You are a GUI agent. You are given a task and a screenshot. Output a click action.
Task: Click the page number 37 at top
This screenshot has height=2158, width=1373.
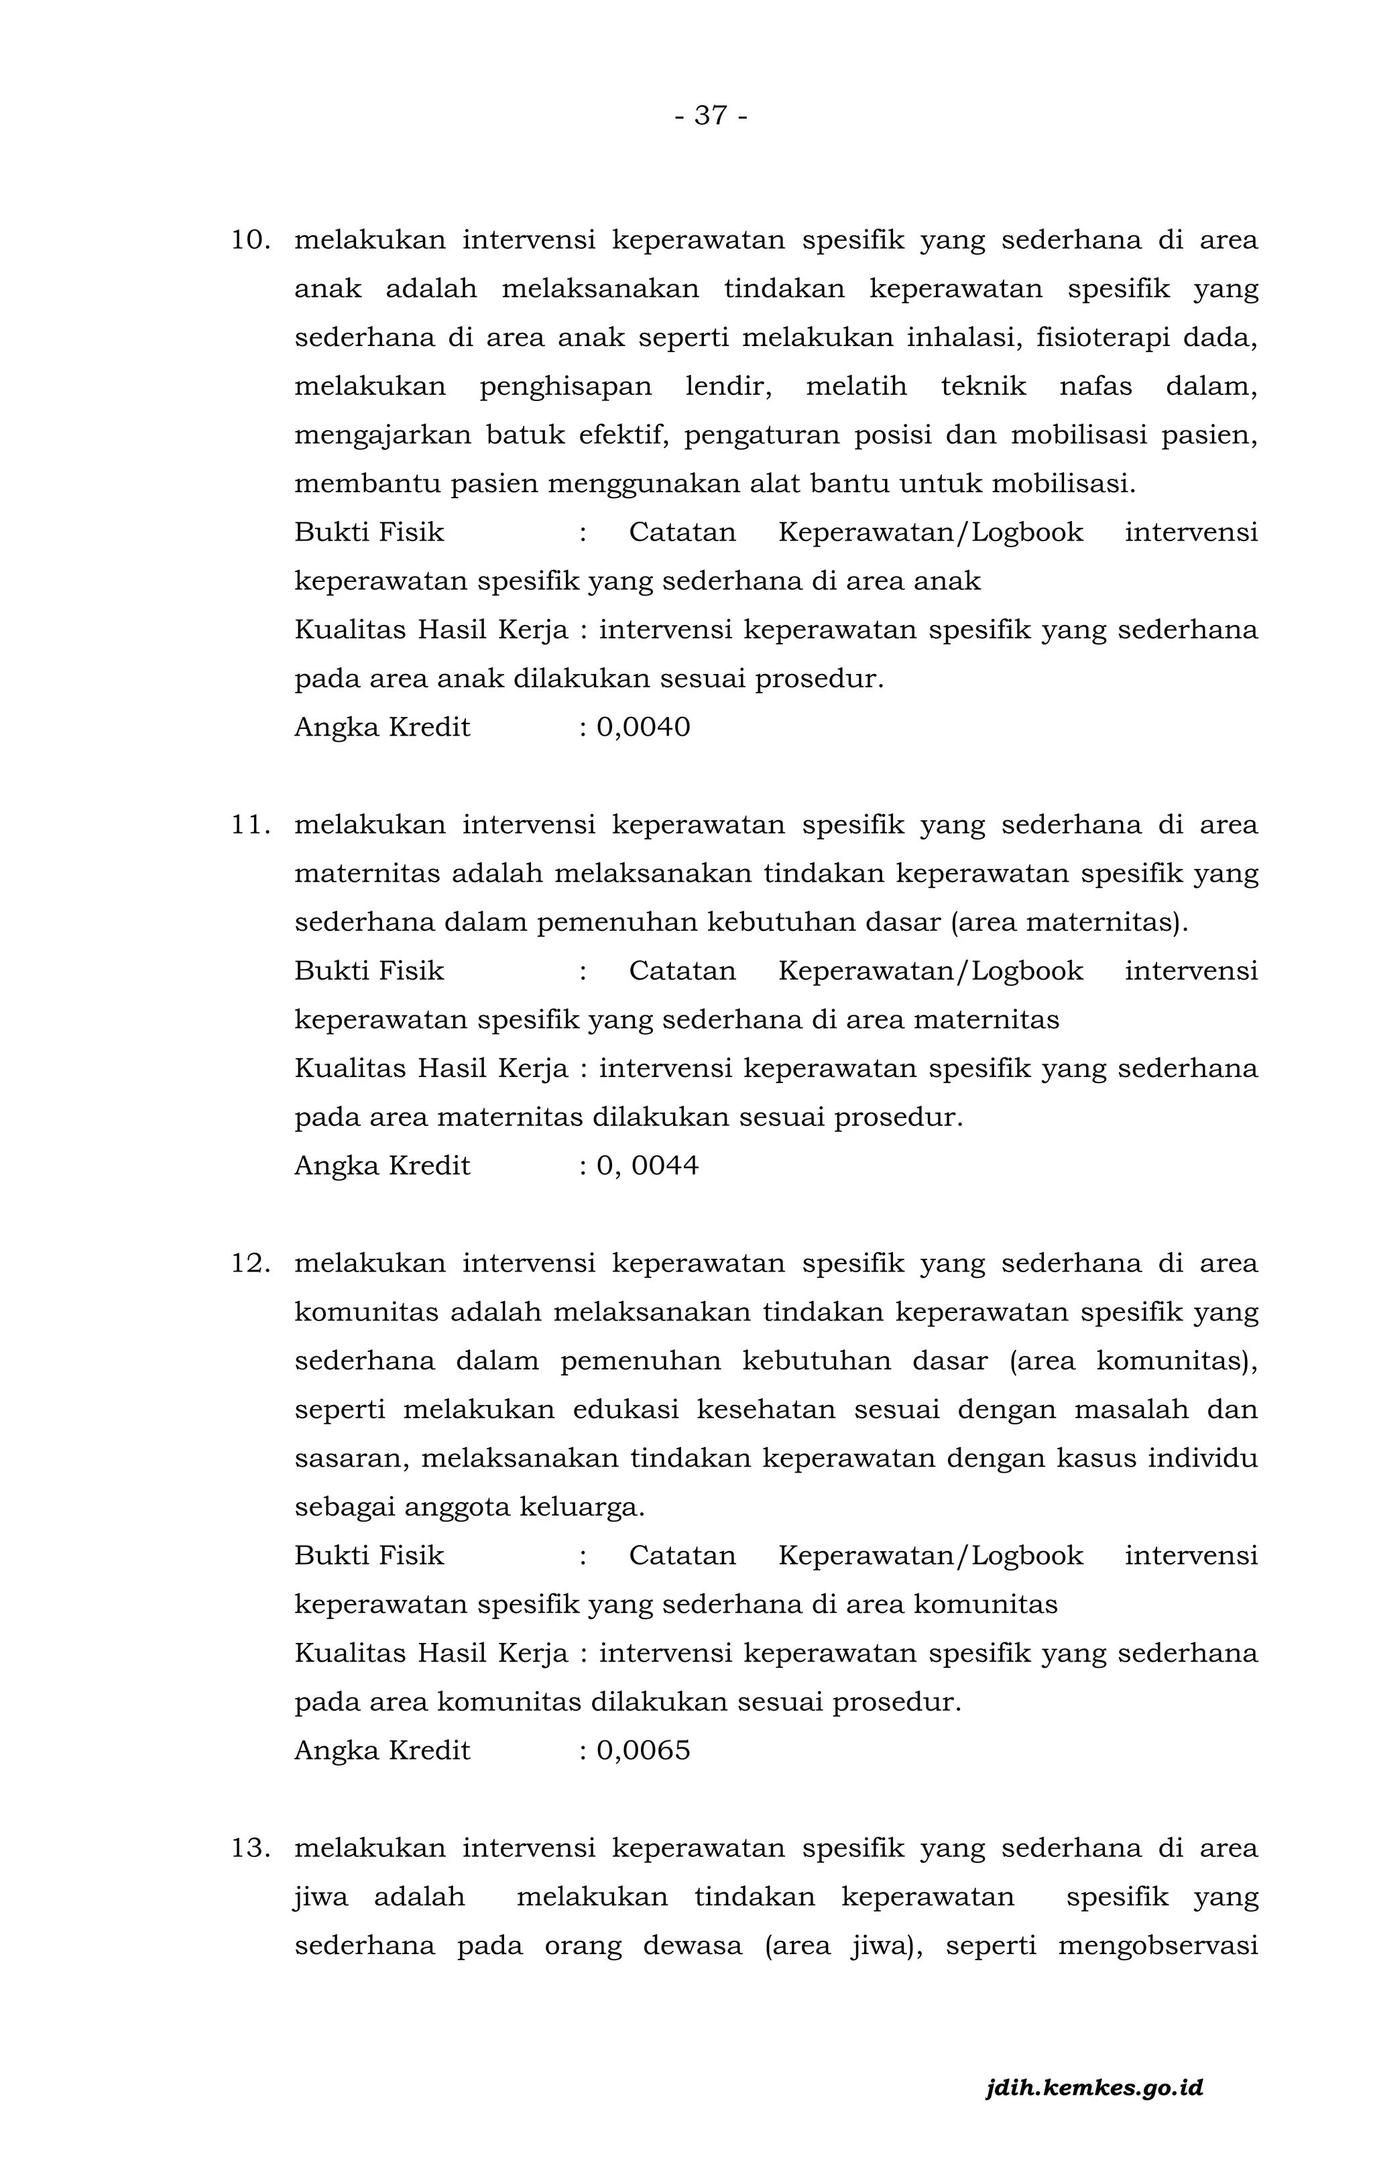tap(711, 115)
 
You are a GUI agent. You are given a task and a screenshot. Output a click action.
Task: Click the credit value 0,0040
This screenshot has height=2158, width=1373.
tap(644, 727)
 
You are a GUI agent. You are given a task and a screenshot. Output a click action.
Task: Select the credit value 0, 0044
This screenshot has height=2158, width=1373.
tap(647, 1166)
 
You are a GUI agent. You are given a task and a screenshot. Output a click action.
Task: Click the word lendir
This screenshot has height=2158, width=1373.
tap(727, 387)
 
